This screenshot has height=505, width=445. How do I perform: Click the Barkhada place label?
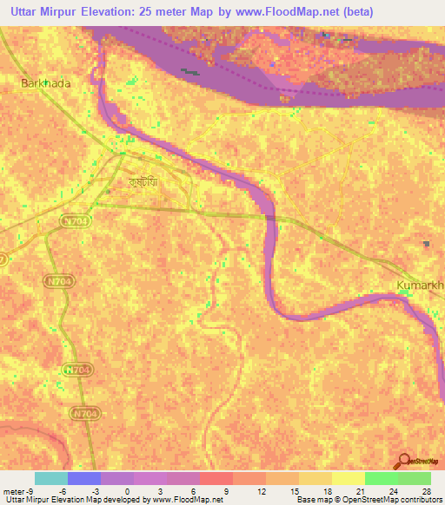pyautogui.click(x=44, y=83)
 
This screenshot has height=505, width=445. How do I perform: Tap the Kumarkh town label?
pyautogui.click(x=420, y=285)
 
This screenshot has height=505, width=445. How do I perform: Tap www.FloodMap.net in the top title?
pyautogui.click(x=336, y=13)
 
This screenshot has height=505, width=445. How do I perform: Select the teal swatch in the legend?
pyautogui.click(x=51, y=478)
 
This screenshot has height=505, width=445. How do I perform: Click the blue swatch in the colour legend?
pyautogui.click(x=84, y=478)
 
